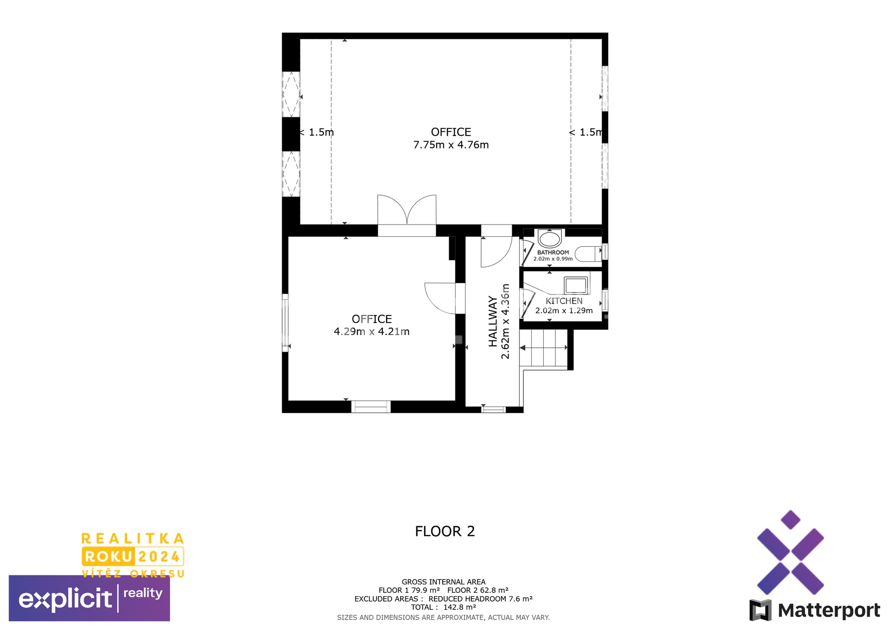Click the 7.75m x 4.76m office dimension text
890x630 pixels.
[x=451, y=145]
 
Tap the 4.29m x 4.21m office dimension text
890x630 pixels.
[x=372, y=332]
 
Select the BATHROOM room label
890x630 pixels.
[x=553, y=253]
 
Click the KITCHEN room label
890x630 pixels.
[x=564, y=301]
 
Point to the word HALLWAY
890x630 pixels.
[x=493, y=321]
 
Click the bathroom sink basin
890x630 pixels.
[x=550, y=239]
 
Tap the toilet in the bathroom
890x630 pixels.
[x=588, y=254]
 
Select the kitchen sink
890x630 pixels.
[x=576, y=285]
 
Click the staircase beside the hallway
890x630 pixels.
[x=544, y=348]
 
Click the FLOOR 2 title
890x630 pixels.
[x=445, y=531]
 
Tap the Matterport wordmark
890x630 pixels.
[x=829, y=611]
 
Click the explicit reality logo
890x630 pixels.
[x=89, y=598]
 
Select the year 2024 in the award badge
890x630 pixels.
[x=159, y=557]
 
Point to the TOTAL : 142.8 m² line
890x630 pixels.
[x=444, y=607]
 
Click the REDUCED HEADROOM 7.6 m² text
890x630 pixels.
[x=481, y=599]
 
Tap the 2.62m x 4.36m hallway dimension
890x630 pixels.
[x=506, y=321]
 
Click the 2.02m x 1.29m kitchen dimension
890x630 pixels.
[x=564, y=311]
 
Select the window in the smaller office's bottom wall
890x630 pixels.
[x=371, y=407]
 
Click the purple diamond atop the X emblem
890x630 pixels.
[x=791, y=520]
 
